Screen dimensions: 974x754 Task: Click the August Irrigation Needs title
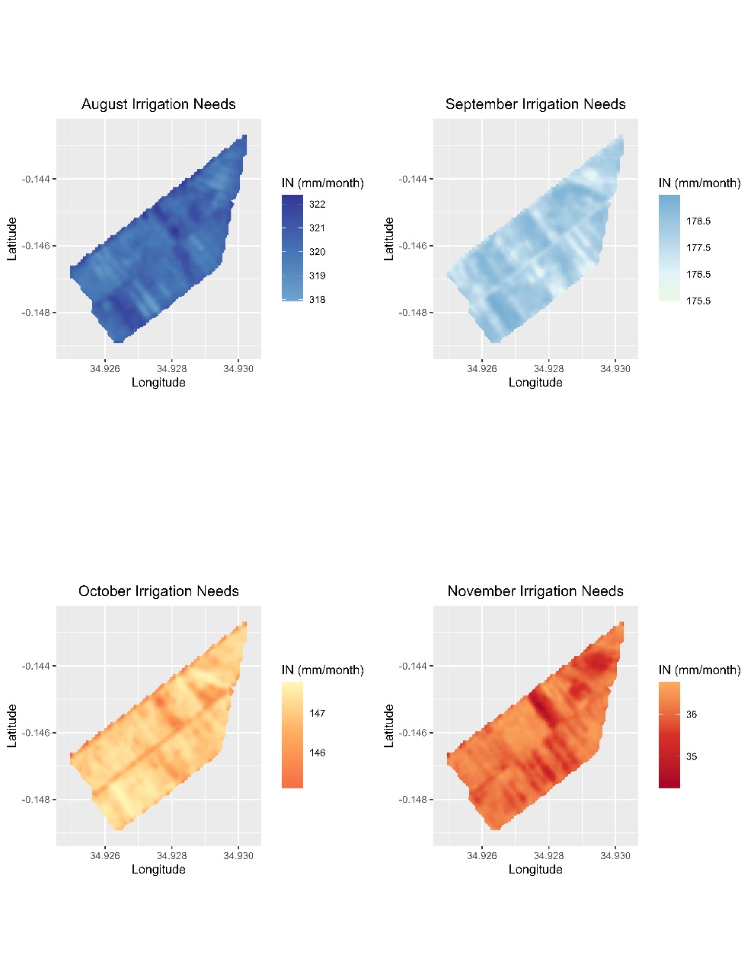(x=158, y=104)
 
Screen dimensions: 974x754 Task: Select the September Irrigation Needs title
(x=535, y=104)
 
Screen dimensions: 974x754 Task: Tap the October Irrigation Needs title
(x=158, y=591)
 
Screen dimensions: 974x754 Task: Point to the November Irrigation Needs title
(x=535, y=591)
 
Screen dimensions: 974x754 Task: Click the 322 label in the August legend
(x=317, y=204)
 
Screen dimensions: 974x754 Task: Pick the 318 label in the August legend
(x=317, y=300)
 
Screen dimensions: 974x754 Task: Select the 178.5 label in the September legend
(x=698, y=221)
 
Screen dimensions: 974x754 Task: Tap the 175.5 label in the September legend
(x=698, y=301)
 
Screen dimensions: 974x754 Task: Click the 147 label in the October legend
(x=317, y=714)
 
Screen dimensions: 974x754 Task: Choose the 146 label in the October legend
(x=317, y=753)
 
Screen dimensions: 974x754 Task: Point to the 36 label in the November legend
(x=692, y=715)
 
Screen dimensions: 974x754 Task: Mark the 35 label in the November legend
(x=692, y=757)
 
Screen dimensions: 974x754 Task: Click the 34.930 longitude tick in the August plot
(x=238, y=369)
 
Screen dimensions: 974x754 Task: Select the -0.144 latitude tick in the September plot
(x=414, y=180)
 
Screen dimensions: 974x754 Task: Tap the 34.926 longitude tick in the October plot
(x=105, y=856)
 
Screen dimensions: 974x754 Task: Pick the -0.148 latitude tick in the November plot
(x=414, y=800)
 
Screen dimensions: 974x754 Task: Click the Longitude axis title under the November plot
(x=535, y=870)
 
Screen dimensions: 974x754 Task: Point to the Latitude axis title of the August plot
(x=12, y=239)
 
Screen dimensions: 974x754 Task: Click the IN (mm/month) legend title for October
(x=323, y=670)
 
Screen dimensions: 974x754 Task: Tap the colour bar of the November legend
(x=669, y=734)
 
